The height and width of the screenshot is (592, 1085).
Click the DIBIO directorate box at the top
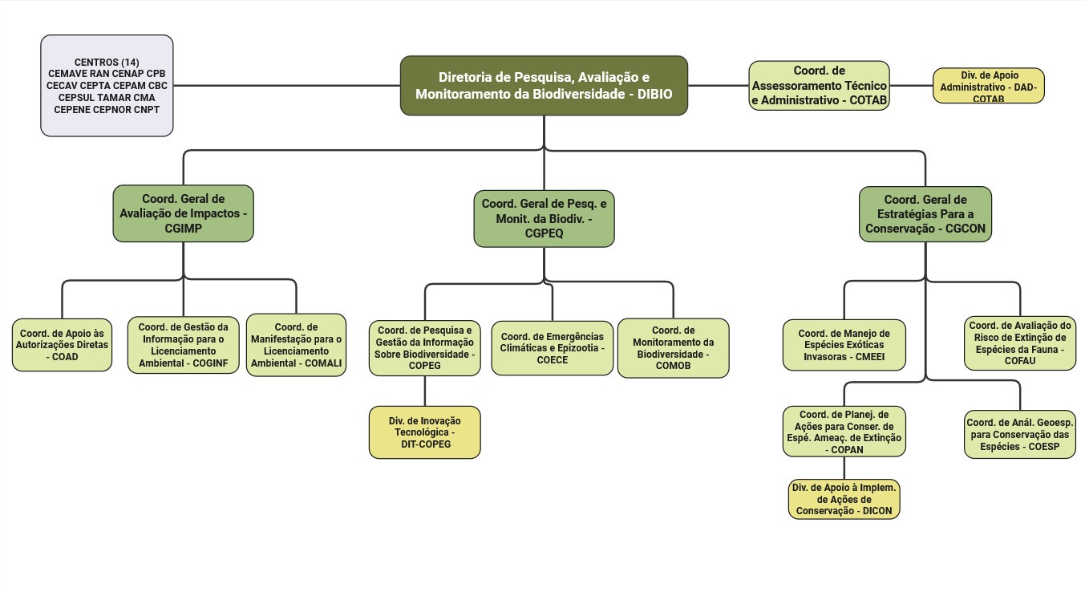(544, 86)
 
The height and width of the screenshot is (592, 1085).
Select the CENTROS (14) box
(107, 85)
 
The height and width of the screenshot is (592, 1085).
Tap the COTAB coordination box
(819, 85)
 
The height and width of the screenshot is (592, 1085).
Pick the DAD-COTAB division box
(988, 86)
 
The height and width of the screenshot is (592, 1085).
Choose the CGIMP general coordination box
(183, 213)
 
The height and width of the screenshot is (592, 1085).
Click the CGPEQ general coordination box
(544, 218)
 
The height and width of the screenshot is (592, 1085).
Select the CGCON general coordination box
(925, 214)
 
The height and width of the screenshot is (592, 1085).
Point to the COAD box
(62, 345)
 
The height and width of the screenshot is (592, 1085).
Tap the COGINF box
(183, 345)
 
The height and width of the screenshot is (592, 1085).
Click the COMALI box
(296, 345)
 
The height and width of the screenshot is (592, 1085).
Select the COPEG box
(424, 348)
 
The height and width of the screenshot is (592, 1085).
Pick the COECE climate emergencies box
(552, 348)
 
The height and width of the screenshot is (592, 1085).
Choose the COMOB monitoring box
(673, 348)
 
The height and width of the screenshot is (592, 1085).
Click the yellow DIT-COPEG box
(424, 432)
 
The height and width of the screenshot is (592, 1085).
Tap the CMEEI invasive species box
(844, 345)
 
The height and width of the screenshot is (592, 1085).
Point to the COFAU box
(1020, 343)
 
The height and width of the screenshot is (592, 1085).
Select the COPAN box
(844, 432)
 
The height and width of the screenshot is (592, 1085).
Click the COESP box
(1020, 434)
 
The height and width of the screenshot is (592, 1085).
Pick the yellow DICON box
(844, 499)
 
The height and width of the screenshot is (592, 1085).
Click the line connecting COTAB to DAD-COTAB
(911, 86)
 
